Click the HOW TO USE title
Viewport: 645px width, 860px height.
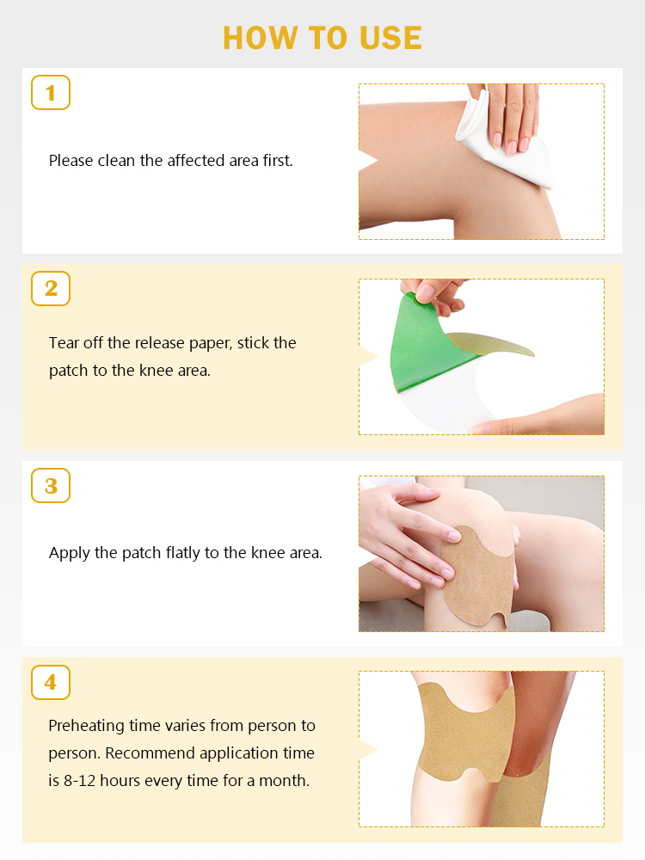[322, 38]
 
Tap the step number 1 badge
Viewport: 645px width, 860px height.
[51, 93]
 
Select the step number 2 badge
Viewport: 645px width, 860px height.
[51, 288]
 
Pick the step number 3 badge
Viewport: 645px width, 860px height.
[51, 485]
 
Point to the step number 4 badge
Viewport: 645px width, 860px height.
[51, 682]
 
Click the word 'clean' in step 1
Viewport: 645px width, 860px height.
[116, 160]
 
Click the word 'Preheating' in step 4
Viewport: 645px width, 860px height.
[87, 726]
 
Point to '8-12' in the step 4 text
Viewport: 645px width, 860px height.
[79, 781]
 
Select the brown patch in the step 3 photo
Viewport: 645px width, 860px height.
[477, 576]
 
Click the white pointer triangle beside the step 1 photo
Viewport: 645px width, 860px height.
[368, 161]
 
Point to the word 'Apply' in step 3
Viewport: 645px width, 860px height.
[69, 553]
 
